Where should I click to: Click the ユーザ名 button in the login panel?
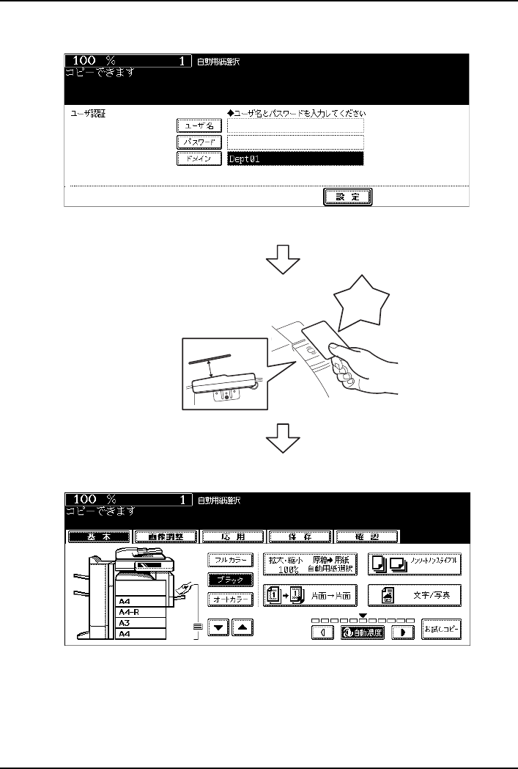pos(199,126)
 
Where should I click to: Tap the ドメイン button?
pos(199,158)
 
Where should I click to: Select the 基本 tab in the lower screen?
pos(99,536)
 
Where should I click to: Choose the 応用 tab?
pos(232,536)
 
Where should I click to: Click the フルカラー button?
pos(231,560)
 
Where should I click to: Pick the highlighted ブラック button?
pos(231,580)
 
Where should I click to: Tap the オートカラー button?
pos(231,599)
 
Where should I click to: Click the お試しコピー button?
pos(441,630)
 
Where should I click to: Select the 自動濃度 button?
pos(362,631)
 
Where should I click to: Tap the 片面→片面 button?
pos(311,595)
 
